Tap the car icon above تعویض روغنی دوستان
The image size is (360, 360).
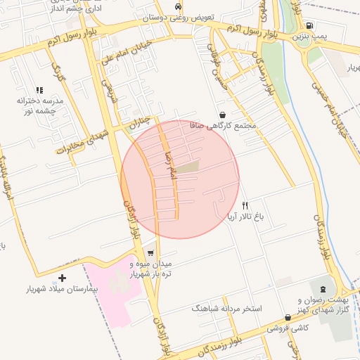tap(178, 6)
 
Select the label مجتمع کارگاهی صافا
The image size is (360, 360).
tap(223, 125)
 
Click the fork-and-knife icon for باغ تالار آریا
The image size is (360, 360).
tap(245, 206)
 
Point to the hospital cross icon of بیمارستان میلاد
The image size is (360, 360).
tap(63, 278)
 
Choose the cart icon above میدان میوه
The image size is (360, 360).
tap(150, 254)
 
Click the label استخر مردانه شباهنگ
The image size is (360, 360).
tap(226, 309)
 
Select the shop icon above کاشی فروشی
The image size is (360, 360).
tap(288, 318)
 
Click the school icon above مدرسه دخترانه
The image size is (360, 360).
tap(39, 90)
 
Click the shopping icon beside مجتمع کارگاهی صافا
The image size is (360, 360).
tap(223, 115)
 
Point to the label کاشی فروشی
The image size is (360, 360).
tap(288, 328)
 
